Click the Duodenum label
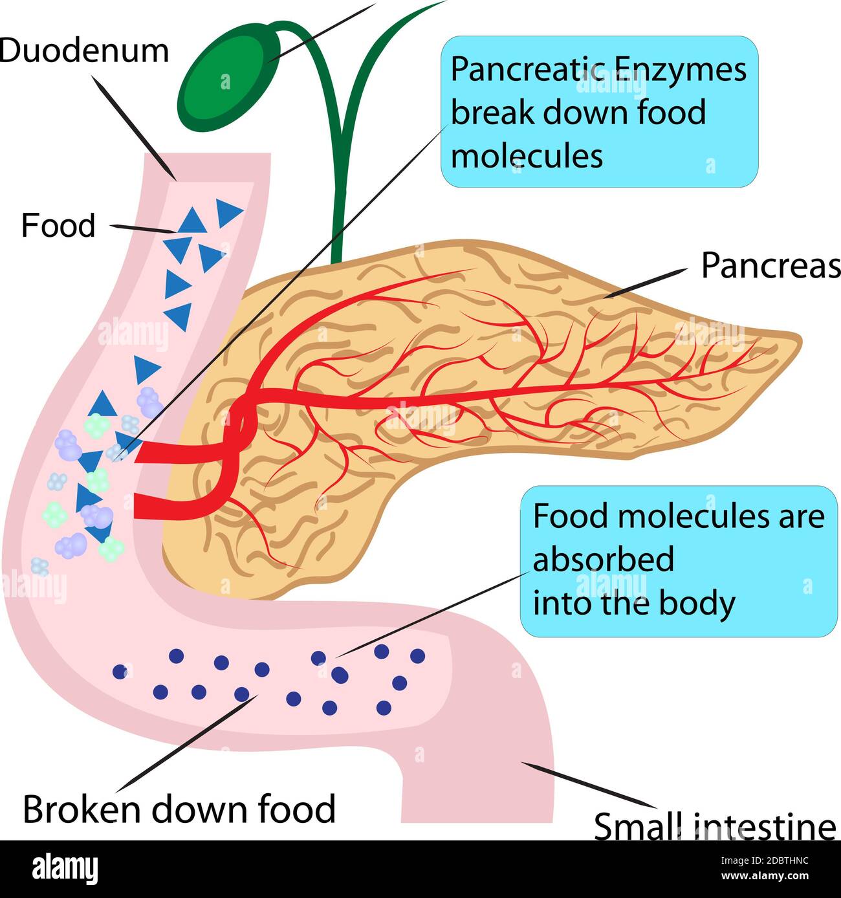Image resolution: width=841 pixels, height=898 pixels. click(x=84, y=50)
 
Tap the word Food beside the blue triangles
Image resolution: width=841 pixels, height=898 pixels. click(x=58, y=226)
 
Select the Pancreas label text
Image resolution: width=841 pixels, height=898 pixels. click(x=770, y=265)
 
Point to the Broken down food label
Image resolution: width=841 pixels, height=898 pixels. click(x=179, y=809)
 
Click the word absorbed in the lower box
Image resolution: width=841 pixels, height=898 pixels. click(x=603, y=560)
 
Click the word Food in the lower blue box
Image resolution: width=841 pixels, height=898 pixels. click(x=570, y=516)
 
